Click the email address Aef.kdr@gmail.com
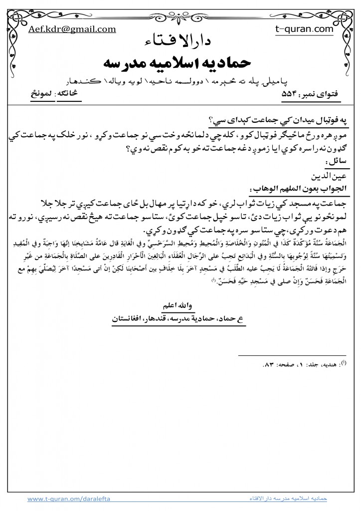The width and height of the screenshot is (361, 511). click(72, 29)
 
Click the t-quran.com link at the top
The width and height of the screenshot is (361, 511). click(304, 29)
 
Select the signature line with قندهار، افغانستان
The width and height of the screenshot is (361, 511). click(180, 316)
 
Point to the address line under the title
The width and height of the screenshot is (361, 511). click(181, 80)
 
